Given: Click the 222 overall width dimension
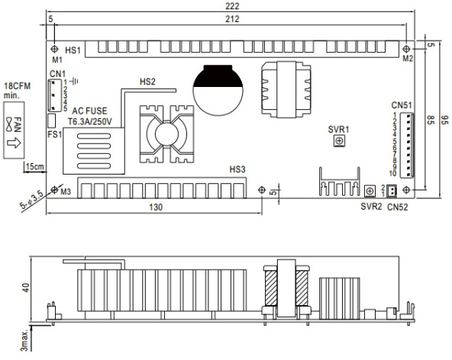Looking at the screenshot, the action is click(x=232, y=6).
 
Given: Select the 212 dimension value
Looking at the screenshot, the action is click(x=232, y=19).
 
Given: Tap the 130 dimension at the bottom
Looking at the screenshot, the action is click(x=156, y=207).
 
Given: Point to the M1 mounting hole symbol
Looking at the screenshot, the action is click(x=54, y=49).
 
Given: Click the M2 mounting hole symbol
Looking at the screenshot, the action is click(x=406, y=49).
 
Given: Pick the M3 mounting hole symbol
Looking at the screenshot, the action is click(x=54, y=190).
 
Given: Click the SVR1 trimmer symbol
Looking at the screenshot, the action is click(x=340, y=141).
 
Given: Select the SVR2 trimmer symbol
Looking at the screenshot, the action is click(x=370, y=191).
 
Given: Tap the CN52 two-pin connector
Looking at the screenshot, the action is click(x=392, y=191).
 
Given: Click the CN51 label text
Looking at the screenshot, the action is click(x=402, y=105).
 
